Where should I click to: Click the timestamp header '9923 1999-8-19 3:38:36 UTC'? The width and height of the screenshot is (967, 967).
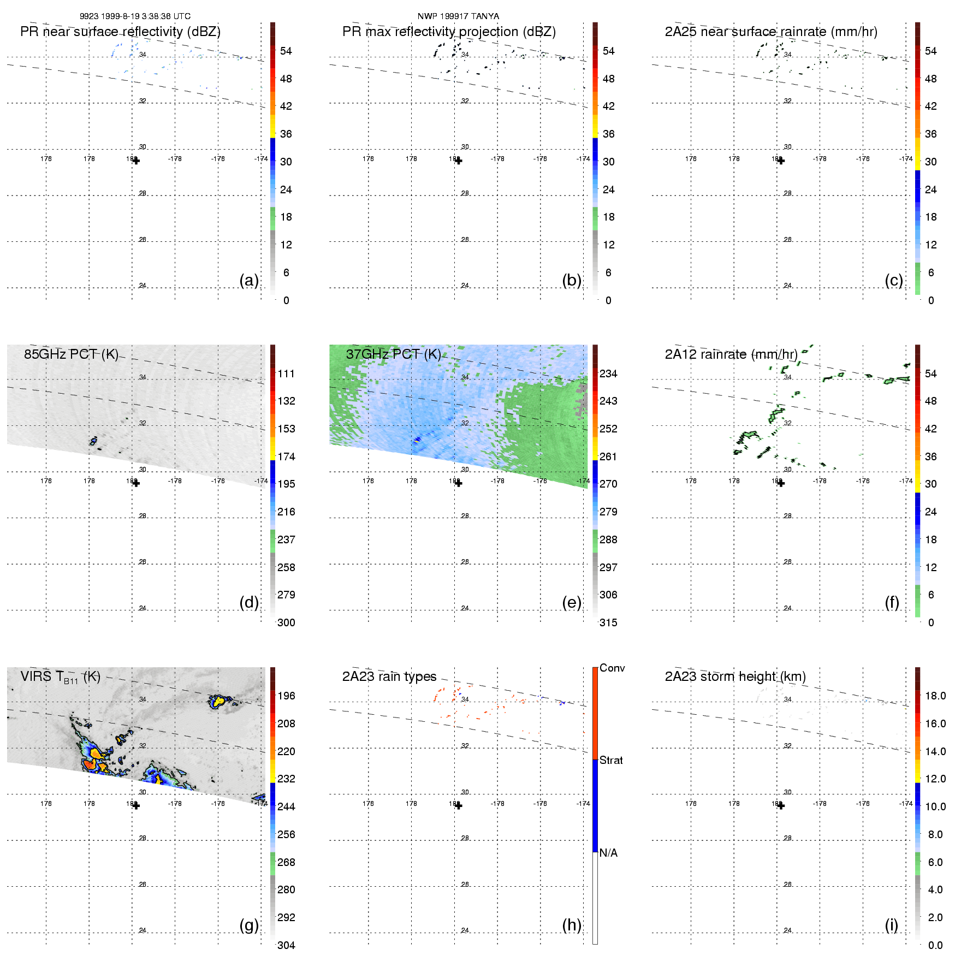[135, 16]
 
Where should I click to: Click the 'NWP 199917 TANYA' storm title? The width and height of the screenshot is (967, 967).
[458, 16]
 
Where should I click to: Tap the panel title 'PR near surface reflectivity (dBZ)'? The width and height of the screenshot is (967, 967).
[120, 32]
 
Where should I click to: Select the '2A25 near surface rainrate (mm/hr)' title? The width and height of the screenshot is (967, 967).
[771, 32]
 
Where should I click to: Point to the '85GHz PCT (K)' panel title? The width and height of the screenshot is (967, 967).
[71, 354]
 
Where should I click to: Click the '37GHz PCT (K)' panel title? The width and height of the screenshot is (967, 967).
[393, 354]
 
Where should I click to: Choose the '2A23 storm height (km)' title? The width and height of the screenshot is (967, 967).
[735, 677]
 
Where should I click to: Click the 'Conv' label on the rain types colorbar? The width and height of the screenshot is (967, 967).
[612, 668]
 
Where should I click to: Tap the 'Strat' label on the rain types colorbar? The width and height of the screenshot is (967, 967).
[611, 760]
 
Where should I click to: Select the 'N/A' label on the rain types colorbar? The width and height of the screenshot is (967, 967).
[608, 853]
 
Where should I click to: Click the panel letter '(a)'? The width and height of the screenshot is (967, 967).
[249, 280]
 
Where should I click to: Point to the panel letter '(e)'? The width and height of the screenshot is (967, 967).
[572, 602]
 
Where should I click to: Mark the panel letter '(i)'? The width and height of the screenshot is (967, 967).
[892, 925]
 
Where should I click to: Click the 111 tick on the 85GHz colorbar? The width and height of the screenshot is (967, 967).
[286, 373]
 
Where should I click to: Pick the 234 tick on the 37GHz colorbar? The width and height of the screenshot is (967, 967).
[608, 373]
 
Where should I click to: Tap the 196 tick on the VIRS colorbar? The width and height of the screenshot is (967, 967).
[286, 696]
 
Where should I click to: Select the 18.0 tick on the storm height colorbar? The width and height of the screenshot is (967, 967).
[935, 696]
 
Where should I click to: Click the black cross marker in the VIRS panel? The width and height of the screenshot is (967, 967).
[136, 805]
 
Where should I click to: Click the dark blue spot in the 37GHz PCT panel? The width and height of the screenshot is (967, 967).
[418, 439]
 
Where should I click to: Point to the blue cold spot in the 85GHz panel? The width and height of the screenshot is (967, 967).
[93, 440]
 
